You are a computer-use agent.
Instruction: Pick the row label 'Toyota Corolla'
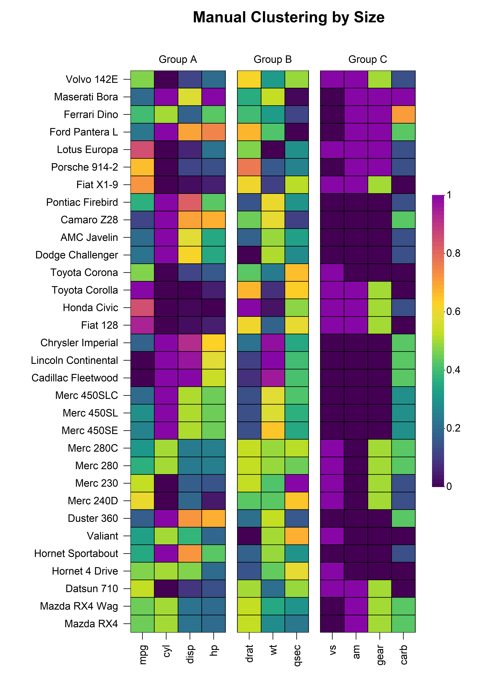pyautogui.click(x=85, y=290)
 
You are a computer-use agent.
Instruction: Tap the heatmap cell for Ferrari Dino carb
pyautogui.click(x=404, y=114)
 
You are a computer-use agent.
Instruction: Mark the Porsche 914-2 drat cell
pyautogui.click(x=249, y=167)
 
